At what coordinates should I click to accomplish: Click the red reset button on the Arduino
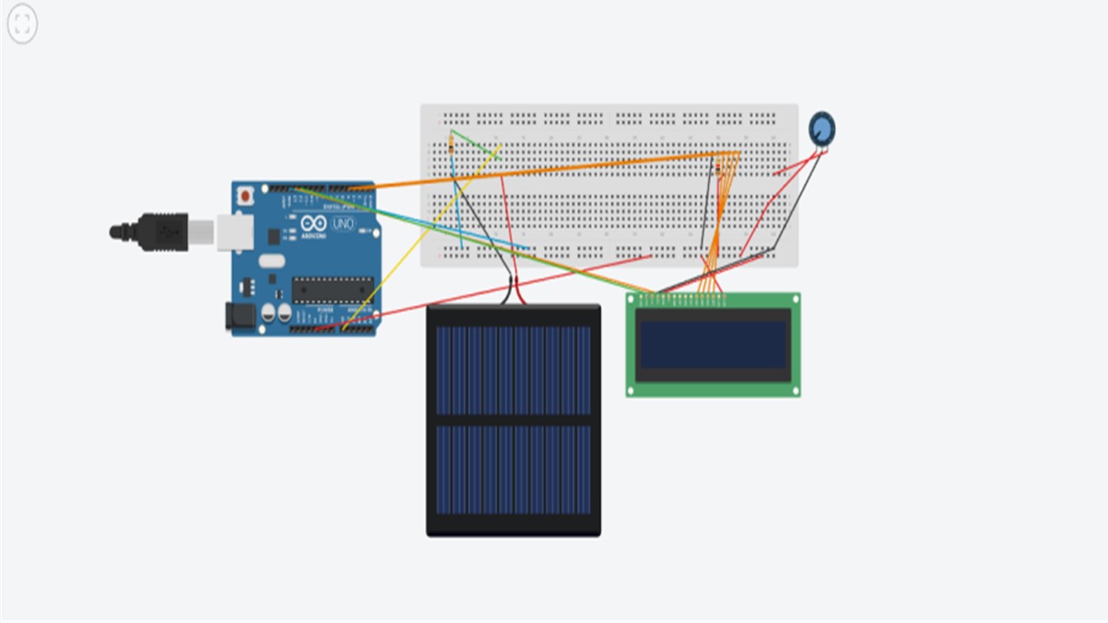[x=246, y=196]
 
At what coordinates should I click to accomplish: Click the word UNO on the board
[x=344, y=224]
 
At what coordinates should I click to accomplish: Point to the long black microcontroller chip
[x=332, y=290]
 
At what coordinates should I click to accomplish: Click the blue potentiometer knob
[x=821, y=129]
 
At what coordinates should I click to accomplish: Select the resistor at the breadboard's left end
[x=452, y=145]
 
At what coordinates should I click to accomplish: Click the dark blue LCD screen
[x=712, y=344]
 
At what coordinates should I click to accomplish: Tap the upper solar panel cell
[x=513, y=369]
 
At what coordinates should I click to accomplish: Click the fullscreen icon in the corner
[x=22, y=24]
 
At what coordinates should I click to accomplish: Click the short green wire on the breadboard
[x=473, y=143]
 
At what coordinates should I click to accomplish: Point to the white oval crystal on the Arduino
[x=271, y=260]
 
